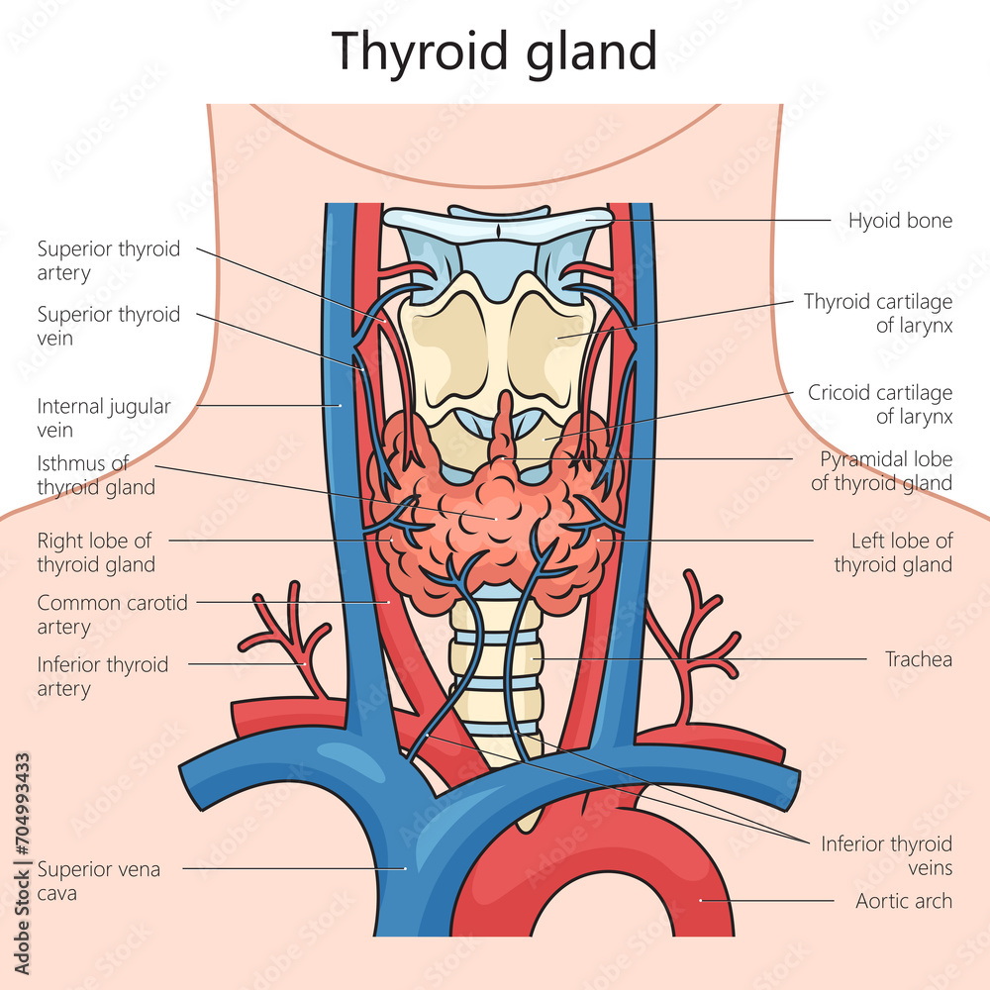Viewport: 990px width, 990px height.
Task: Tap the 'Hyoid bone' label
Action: pyautogui.click(x=900, y=220)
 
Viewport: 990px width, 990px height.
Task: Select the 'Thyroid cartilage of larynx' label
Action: pyautogui.click(x=878, y=313)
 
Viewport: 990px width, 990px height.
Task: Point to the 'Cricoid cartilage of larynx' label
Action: pyautogui.click(x=880, y=405)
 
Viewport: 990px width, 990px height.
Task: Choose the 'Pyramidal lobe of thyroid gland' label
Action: pyautogui.click(x=881, y=471)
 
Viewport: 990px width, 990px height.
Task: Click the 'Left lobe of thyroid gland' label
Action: pyautogui.click(x=893, y=552)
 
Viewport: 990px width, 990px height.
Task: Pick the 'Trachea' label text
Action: pyautogui.click(x=919, y=658)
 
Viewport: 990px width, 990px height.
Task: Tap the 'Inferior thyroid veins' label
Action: pyautogui.click(x=886, y=855)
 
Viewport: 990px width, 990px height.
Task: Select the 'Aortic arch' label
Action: pyautogui.click(x=904, y=901)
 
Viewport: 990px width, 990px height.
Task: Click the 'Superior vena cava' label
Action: pyautogui.click(x=99, y=881)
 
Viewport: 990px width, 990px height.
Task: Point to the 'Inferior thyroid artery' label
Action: pyautogui.click(x=103, y=676)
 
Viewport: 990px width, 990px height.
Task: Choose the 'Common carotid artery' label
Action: pyautogui.click(x=112, y=614)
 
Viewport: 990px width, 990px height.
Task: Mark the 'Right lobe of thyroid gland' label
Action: pyautogui.click(x=96, y=552)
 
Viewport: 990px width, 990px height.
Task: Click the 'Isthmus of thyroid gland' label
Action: pyautogui.click(x=96, y=474)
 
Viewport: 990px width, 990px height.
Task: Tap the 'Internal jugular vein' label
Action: pyautogui.click(x=104, y=417)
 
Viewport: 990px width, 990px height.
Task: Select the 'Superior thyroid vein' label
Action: pyautogui.click(x=109, y=326)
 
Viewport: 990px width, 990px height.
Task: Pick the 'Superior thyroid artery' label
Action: pyautogui.click(x=109, y=260)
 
